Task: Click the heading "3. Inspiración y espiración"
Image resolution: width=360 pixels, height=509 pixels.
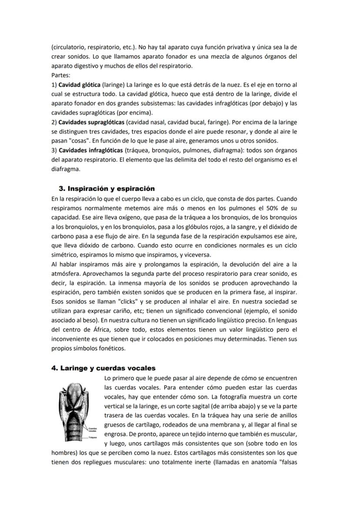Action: click(x=107, y=189)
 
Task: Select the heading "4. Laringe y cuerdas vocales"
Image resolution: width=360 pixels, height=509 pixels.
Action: click(x=103, y=368)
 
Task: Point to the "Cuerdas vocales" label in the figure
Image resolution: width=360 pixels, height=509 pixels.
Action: click(x=92, y=429)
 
